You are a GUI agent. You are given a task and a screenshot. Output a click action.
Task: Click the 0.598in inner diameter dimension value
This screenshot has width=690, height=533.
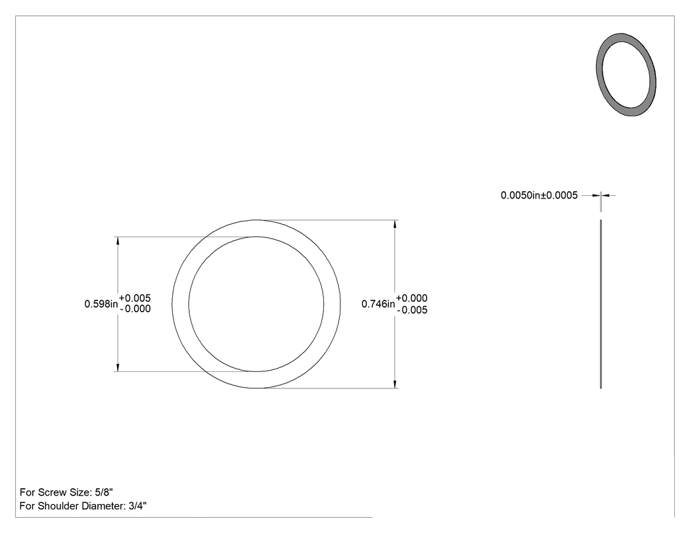click(x=101, y=304)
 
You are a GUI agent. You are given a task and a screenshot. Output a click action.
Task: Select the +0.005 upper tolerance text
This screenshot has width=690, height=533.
click(x=135, y=298)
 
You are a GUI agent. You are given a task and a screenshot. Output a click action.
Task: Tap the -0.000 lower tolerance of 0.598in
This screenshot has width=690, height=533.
click(x=135, y=308)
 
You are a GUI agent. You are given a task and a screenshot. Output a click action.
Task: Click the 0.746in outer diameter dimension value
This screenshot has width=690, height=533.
click(x=378, y=304)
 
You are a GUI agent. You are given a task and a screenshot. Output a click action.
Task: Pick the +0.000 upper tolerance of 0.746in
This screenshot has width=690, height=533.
click(x=412, y=298)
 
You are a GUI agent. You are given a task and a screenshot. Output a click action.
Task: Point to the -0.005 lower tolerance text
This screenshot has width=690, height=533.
click(x=412, y=310)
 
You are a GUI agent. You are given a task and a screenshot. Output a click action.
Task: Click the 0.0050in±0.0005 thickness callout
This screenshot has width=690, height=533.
click(x=539, y=195)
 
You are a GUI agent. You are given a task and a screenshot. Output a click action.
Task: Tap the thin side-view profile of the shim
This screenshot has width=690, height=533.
click(x=601, y=304)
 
